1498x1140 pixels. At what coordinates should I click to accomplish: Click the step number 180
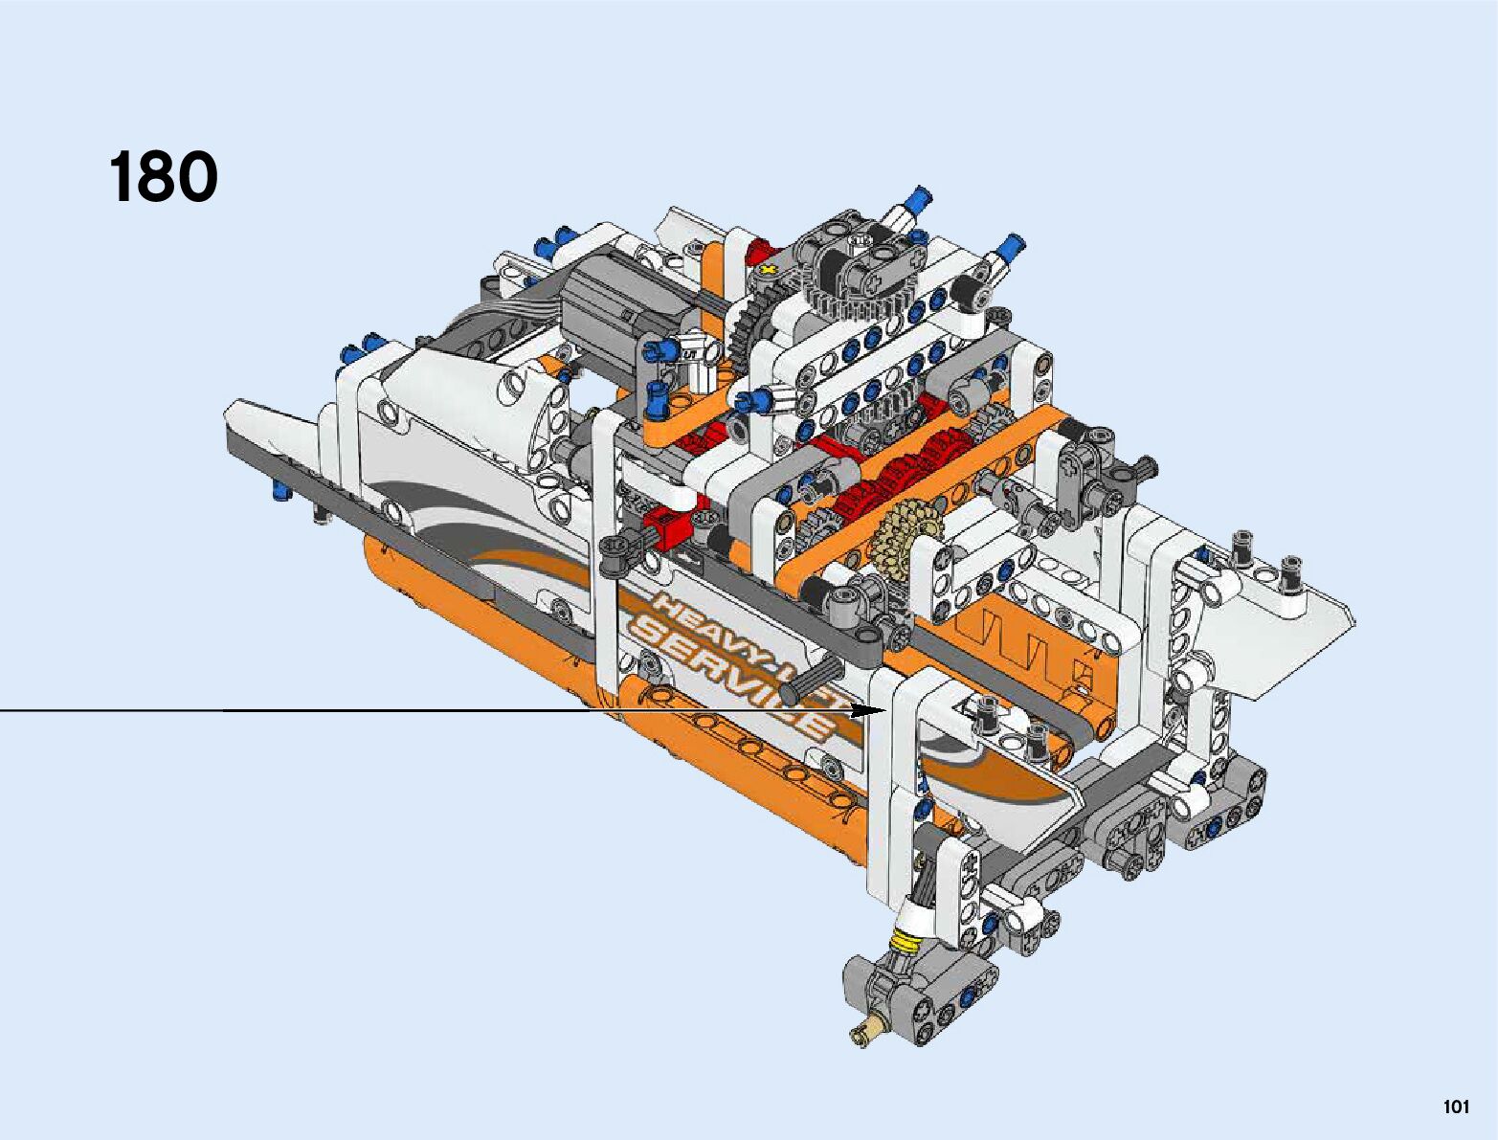(163, 177)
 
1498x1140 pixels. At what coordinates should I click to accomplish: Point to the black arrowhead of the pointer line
(868, 710)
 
